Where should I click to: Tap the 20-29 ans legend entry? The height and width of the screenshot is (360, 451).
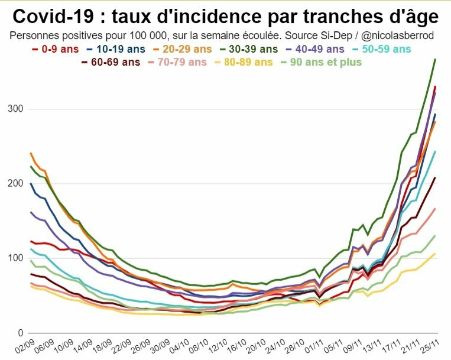190,49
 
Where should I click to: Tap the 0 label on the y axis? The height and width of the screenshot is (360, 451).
21,333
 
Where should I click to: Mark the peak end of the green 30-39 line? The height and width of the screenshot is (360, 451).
435,59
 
